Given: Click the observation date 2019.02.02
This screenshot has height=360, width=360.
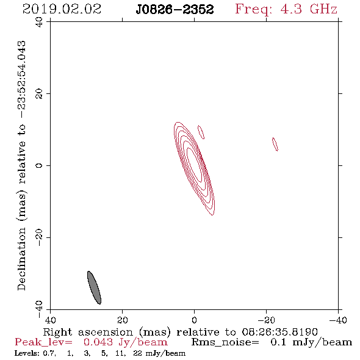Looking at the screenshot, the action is click(x=62, y=9).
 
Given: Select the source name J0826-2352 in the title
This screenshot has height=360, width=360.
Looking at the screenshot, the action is click(x=175, y=9).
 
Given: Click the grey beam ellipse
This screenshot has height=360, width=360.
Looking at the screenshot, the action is click(x=94, y=287).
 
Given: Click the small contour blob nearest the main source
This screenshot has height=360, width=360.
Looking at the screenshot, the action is click(x=201, y=132).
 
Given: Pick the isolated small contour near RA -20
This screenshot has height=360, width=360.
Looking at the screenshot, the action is click(x=275, y=144).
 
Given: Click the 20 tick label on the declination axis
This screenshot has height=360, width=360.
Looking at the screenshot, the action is click(x=39, y=94).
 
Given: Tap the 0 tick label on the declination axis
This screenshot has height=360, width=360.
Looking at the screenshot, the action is click(x=39, y=165).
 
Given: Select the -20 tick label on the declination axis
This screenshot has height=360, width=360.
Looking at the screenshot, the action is click(x=39, y=237).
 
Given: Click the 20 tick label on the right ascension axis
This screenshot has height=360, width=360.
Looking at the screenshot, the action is click(x=123, y=320).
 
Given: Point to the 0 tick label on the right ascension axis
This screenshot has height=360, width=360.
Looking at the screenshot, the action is click(x=194, y=320).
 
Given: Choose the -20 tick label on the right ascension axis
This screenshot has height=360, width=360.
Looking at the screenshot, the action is click(x=266, y=320).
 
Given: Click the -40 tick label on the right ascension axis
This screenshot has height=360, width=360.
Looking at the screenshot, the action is click(x=338, y=320).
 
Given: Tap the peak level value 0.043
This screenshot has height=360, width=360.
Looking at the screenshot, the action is click(x=98, y=342).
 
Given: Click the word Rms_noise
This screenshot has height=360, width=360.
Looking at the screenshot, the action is click(x=225, y=342).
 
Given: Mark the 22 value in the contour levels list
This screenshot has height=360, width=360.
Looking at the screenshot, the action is click(x=137, y=353).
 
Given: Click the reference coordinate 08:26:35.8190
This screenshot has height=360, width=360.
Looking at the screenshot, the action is click(x=279, y=332).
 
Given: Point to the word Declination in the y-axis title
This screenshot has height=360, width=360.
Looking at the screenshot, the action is click(x=21, y=259).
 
